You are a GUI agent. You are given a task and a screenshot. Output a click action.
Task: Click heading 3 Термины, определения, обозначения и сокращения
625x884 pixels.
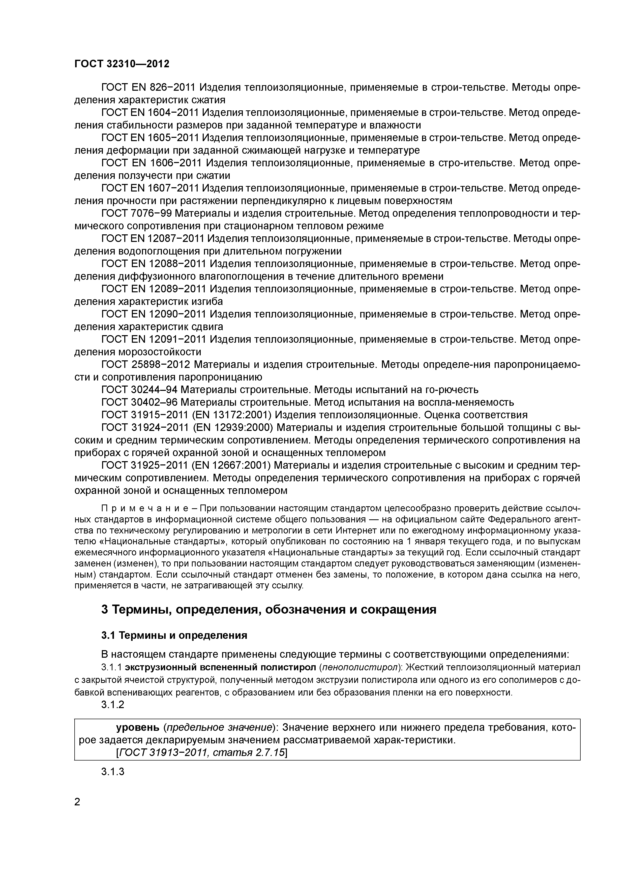click(269, 610)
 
